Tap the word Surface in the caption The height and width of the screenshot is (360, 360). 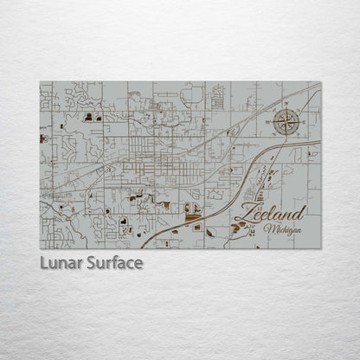[x=112, y=260]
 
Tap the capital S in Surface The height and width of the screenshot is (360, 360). [x=91, y=260]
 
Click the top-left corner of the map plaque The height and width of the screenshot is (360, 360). [x=40, y=82]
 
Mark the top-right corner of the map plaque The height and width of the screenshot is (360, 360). [x=320, y=82]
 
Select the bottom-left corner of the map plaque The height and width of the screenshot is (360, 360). [x=40, y=248]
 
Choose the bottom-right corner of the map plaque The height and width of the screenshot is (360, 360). [x=320, y=248]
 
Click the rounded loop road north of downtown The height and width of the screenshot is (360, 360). [x=195, y=95]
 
